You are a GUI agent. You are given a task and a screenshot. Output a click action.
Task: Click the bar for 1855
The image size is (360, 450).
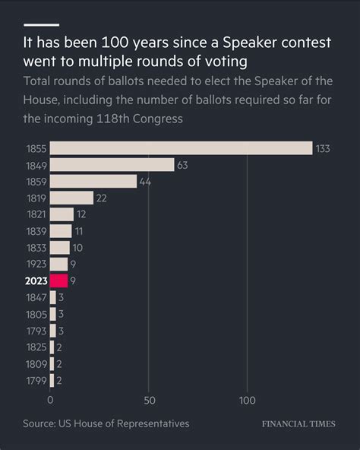point(181,148)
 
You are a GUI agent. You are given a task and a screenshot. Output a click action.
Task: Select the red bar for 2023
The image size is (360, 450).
point(58,280)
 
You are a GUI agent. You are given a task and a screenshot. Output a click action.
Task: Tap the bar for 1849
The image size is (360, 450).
point(112,164)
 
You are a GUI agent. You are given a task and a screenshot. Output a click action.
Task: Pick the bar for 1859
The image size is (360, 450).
point(93,181)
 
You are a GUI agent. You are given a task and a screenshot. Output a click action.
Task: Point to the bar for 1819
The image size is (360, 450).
point(71,198)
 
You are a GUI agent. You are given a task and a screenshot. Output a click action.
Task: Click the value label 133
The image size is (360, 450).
point(323,148)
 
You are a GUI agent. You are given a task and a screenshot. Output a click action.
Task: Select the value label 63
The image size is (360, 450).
point(182,165)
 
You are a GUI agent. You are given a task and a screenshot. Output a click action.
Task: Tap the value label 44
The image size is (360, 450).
point(145,181)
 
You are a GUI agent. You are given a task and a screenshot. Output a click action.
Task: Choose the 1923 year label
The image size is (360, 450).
point(36,264)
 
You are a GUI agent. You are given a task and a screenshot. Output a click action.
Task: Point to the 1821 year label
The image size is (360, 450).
point(36,214)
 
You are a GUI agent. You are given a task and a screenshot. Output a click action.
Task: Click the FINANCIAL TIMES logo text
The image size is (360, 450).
point(298,423)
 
